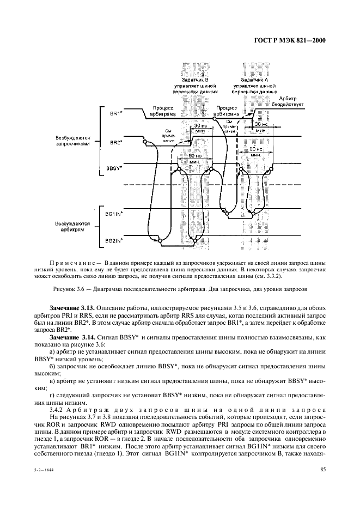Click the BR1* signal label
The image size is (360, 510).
point(115,113)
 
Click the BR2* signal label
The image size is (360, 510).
point(115,143)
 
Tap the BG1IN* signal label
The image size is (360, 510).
point(114,215)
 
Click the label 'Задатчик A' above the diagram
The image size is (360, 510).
point(254,80)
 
